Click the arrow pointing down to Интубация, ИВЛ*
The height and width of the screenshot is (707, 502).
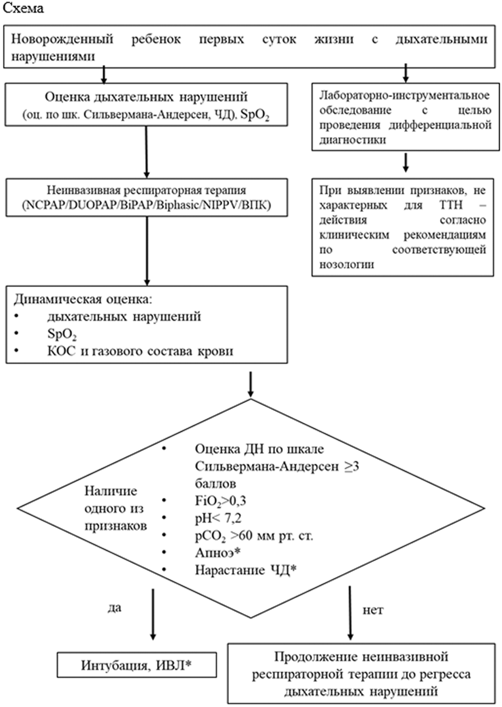[152, 613]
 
